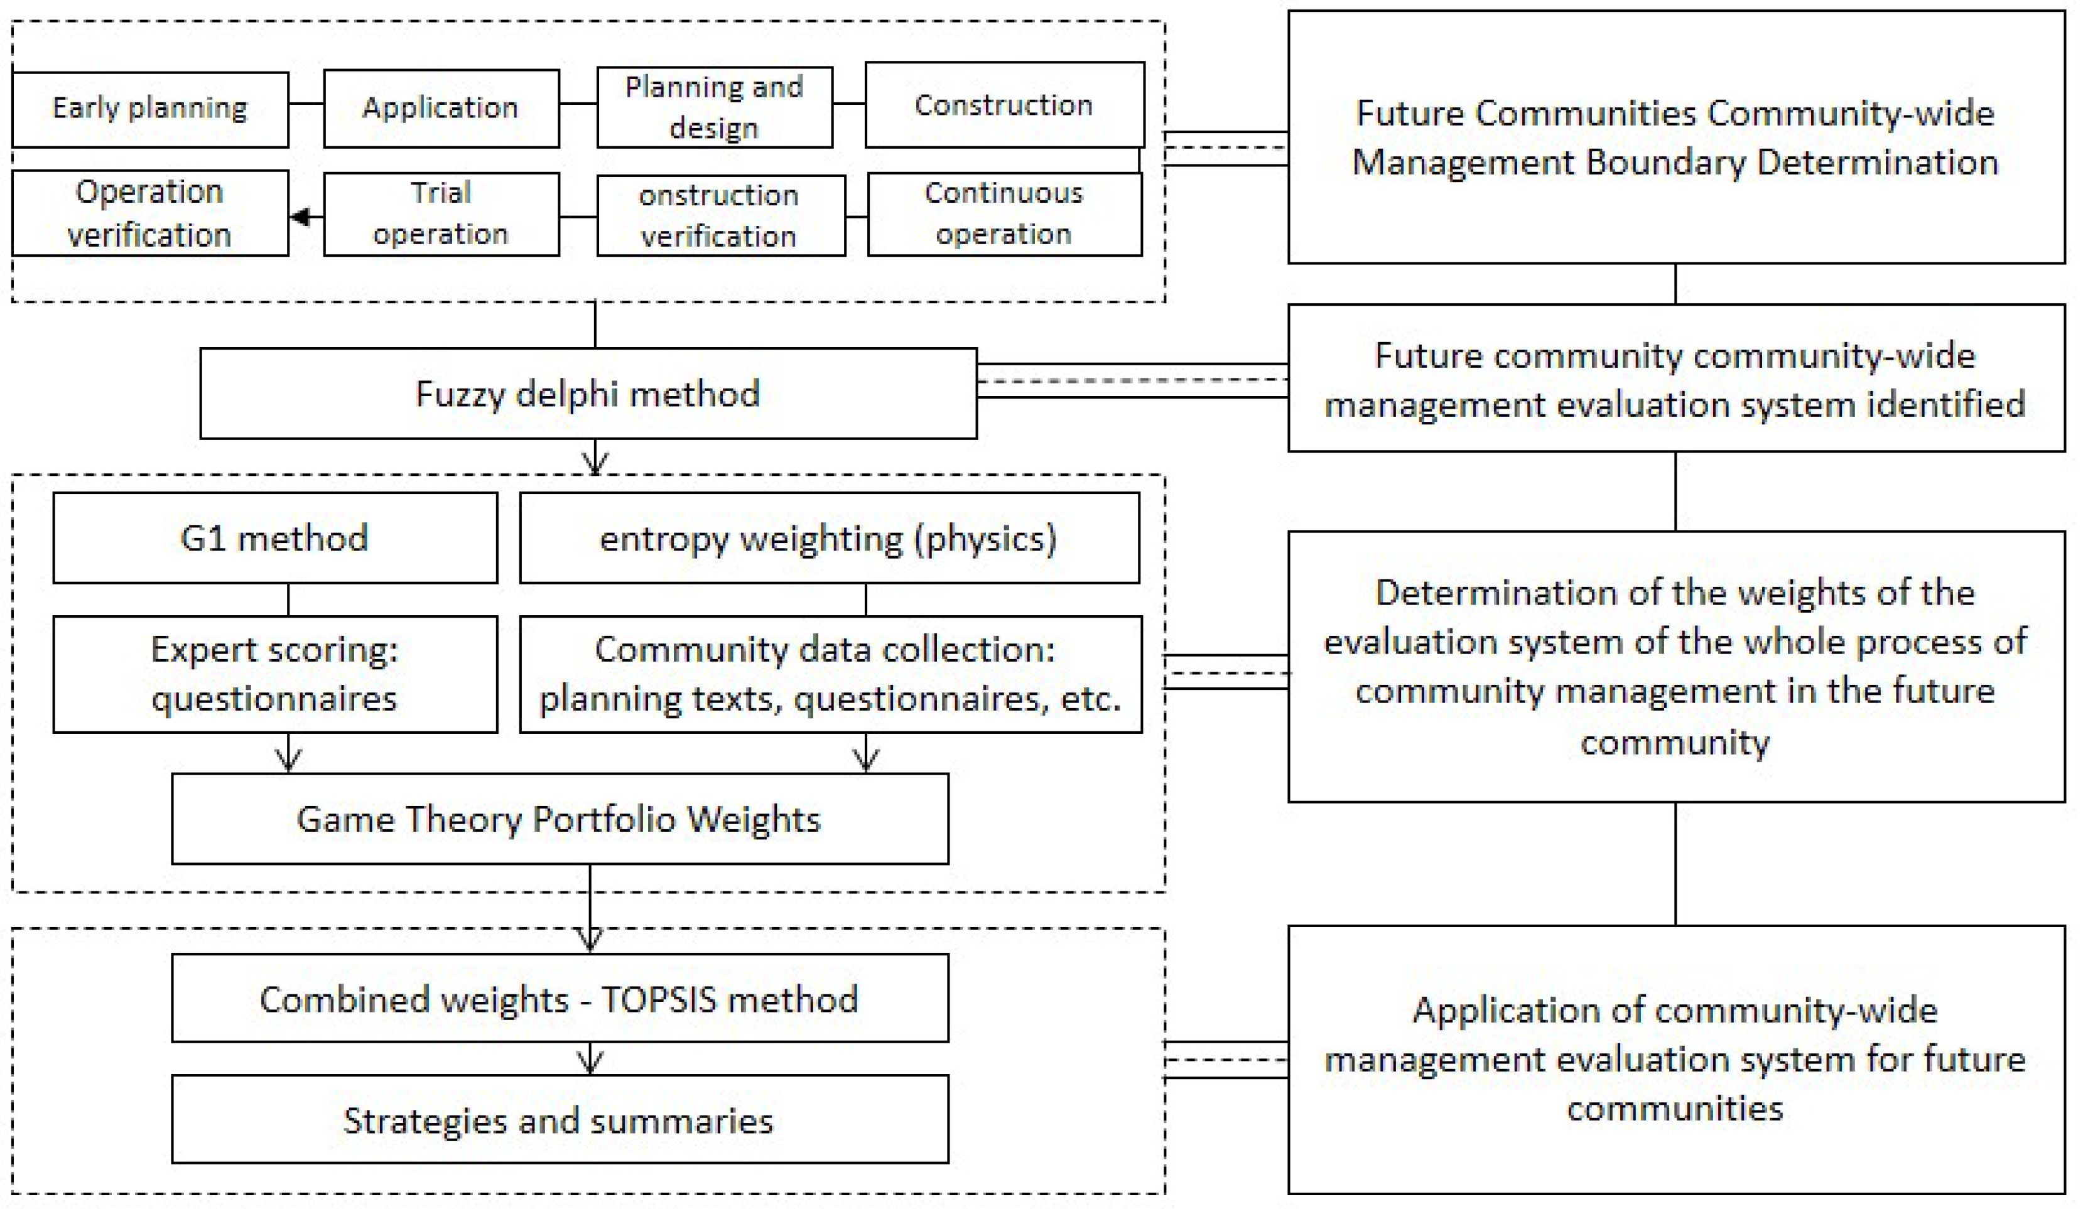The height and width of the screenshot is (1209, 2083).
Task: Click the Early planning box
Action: click(x=149, y=109)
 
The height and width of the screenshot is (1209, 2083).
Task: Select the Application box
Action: click(x=441, y=108)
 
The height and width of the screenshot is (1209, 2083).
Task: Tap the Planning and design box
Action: click(x=714, y=107)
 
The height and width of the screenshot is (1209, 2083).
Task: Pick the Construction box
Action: click(x=1004, y=105)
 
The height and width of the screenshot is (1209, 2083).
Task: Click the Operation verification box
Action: click(x=149, y=213)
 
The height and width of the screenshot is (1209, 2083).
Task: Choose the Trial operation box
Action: click(x=441, y=214)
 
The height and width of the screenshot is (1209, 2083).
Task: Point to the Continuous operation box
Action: click(x=1004, y=214)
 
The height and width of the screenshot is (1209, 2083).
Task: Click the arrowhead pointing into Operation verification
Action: click(x=300, y=217)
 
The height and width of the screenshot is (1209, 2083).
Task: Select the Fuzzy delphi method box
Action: click(x=588, y=394)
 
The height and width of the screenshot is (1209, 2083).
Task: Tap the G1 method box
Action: click(x=274, y=538)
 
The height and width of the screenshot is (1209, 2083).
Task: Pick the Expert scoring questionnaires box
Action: click(x=274, y=674)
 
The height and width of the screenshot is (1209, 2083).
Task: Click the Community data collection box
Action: click(x=830, y=674)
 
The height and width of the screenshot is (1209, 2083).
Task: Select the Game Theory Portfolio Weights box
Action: click(x=560, y=819)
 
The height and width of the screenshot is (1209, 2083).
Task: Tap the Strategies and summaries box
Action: click(x=560, y=1120)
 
